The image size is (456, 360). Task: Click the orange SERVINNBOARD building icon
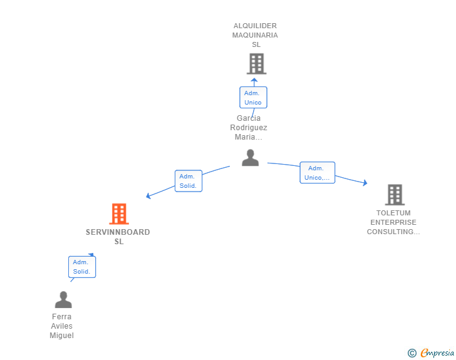(x=119, y=213)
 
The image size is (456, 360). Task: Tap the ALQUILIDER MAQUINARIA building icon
(x=257, y=64)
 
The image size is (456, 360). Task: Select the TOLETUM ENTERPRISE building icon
(x=395, y=195)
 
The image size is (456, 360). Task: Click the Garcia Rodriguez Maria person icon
(x=250, y=158)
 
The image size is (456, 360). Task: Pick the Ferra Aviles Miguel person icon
(x=63, y=299)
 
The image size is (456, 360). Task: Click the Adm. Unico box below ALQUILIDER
(x=253, y=98)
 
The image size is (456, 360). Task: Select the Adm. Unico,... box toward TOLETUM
(x=318, y=172)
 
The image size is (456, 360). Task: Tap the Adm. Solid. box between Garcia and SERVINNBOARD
(x=189, y=181)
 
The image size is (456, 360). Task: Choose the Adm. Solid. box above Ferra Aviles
(x=82, y=267)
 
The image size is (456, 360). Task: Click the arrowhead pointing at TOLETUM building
(x=365, y=183)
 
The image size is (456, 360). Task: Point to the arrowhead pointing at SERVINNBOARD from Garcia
(x=148, y=196)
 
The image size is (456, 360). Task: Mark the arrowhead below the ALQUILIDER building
(x=254, y=80)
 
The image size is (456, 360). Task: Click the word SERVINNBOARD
(x=118, y=232)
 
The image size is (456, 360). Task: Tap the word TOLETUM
(x=393, y=213)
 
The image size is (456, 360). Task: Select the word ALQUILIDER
(x=255, y=26)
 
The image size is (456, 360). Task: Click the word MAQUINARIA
(x=255, y=35)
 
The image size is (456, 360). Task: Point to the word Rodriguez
(x=249, y=128)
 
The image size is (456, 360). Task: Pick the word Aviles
(x=61, y=326)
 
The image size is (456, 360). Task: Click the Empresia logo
(x=437, y=352)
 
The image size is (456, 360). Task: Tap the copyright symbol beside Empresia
(x=412, y=353)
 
